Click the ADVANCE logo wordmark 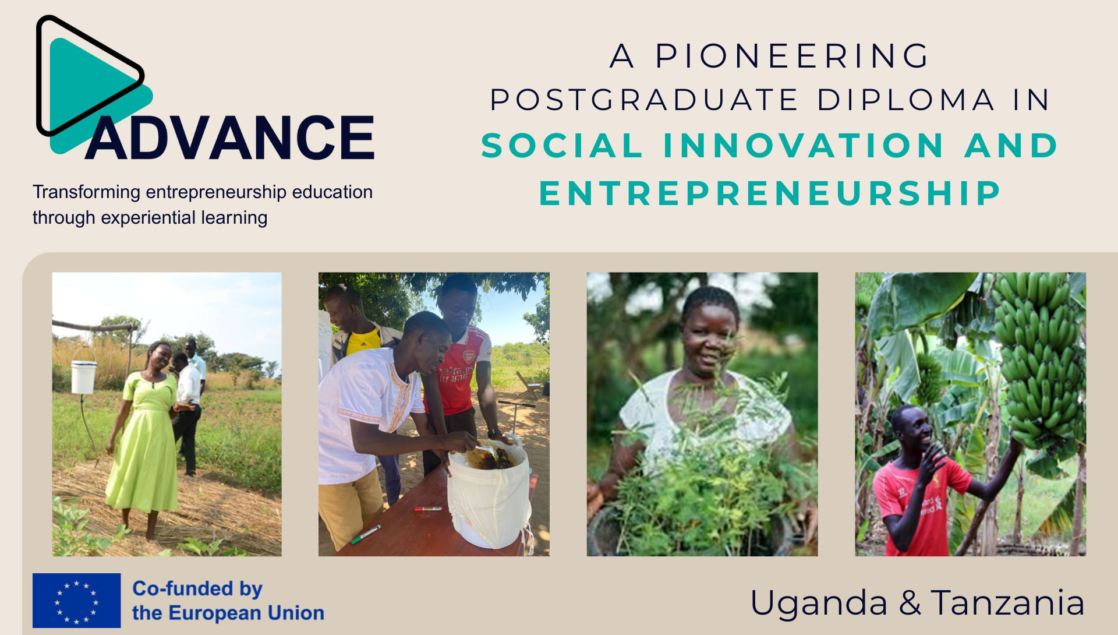pos(230,137)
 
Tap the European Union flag pos(76,600)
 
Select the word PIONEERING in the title pos(792,56)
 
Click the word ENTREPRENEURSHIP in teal pos(770,193)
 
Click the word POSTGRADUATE pos(644,100)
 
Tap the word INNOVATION pos(804,145)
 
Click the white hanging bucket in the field pos(84,376)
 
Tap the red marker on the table pos(427,509)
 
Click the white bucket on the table pos(488,495)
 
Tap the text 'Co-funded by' pos(197,589)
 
